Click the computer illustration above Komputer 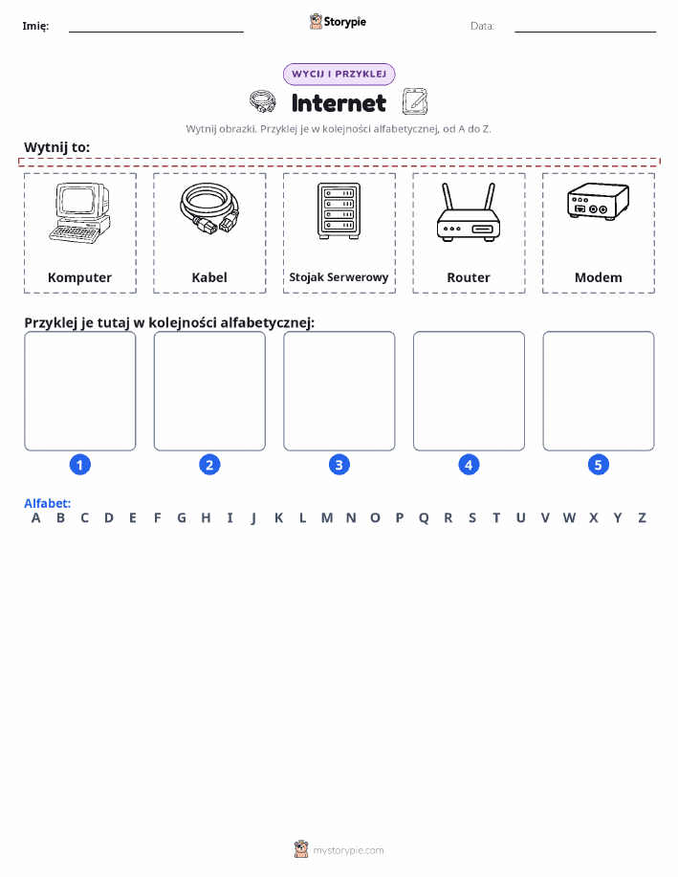80,213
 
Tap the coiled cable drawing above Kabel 209,208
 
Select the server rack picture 339,210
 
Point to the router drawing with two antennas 469,212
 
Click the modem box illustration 598,200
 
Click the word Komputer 79,277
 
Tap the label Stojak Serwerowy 339,276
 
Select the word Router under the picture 469,277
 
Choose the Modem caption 598,277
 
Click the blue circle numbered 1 80,465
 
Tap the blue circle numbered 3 339,465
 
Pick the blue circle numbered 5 598,465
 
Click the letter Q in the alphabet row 424,518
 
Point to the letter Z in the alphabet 643,518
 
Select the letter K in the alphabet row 278,518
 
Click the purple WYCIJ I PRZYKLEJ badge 339,74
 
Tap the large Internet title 339,103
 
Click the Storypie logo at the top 338,22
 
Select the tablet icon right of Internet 414,101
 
